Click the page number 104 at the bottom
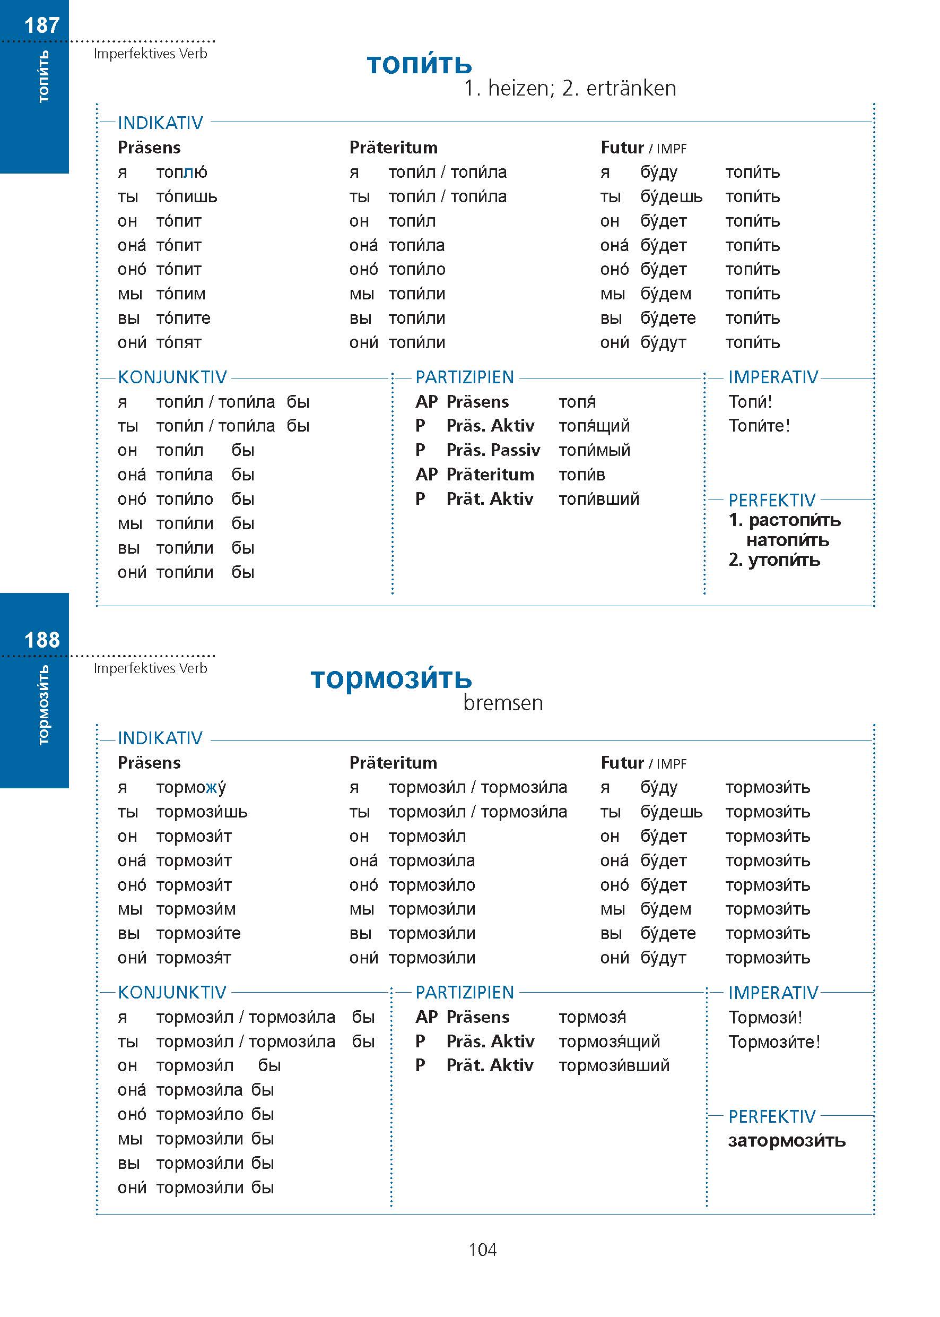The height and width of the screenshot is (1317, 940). [x=482, y=1249]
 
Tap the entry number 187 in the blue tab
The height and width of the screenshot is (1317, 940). [x=42, y=25]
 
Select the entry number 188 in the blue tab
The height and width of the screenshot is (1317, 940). [x=42, y=640]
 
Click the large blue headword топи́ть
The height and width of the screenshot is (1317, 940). [x=419, y=64]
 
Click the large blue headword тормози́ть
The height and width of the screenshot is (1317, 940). [x=391, y=678]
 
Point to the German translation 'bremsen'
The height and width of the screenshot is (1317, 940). [x=502, y=702]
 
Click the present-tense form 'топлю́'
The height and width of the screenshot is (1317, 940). [x=182, y=172]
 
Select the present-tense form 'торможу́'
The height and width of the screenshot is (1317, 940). [x=191, y=787]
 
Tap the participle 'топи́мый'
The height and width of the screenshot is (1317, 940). [x=594, y=450]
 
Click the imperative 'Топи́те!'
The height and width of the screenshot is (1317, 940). [x=759, y=426]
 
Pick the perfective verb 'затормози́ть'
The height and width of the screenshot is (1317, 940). [x=786, y=1140]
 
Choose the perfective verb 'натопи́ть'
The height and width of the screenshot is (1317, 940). [x=787, y=540]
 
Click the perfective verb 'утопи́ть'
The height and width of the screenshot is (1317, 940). [x=784, y=560]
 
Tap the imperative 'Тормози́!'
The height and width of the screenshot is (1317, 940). [x=764, y=1017]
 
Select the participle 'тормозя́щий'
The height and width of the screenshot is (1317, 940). [x=609, y=1041]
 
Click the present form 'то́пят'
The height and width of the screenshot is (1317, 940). [x=179, y=343]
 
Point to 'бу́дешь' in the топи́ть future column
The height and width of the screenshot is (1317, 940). [x=671, y=197]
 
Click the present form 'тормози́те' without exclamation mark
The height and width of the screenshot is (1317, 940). [x=198, y=933]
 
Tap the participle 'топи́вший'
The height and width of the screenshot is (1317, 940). [x=598, y=498]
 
